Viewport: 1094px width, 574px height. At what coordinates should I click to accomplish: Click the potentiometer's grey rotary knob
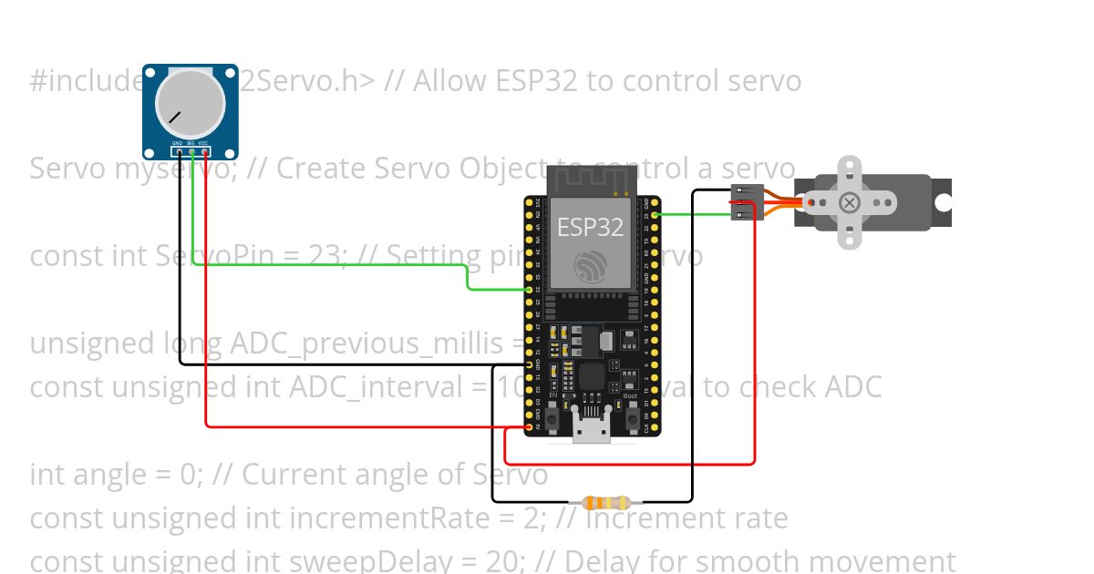coord(191,100)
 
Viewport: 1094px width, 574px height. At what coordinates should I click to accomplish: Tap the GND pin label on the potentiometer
coord(177,143)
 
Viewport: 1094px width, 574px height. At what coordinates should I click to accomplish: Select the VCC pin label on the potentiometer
coord(203,143)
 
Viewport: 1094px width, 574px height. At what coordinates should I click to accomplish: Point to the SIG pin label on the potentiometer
coord(191,143)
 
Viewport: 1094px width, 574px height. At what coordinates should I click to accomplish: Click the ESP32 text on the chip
coord(590,227)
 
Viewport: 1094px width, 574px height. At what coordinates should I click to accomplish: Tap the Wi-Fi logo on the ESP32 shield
coord(590,264)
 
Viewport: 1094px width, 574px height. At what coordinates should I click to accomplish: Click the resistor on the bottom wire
coord(605,502)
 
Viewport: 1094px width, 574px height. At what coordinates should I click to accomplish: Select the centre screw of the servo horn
coord(850,202)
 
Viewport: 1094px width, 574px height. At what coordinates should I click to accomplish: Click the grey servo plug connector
coord(747,202)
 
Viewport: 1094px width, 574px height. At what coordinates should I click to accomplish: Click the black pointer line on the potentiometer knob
coord(173,118)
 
